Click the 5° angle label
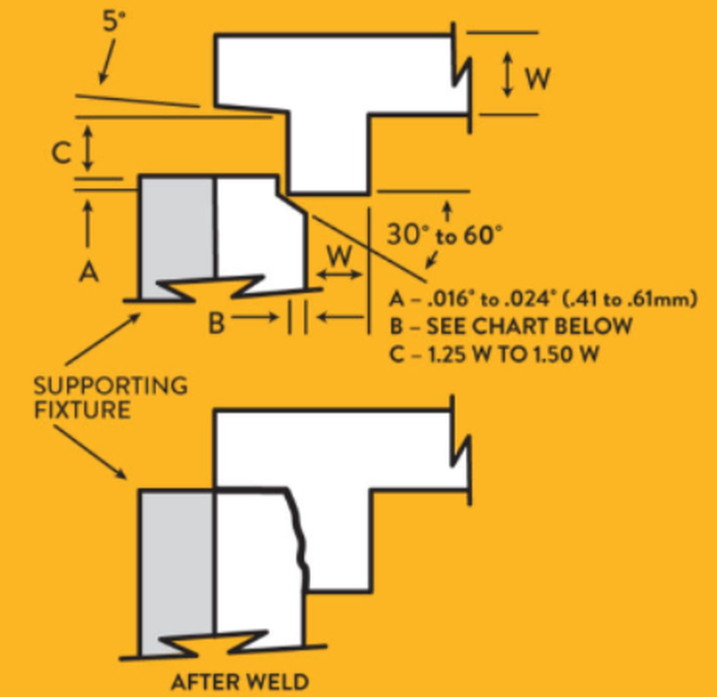click(x=114, y=21)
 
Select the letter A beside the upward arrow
click(x=89, y=273)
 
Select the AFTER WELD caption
click(x=239, y=682)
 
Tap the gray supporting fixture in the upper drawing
click(x=177, y=229)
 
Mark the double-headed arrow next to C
click(x=88, y=147)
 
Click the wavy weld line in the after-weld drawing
click(x=299, y=538)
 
